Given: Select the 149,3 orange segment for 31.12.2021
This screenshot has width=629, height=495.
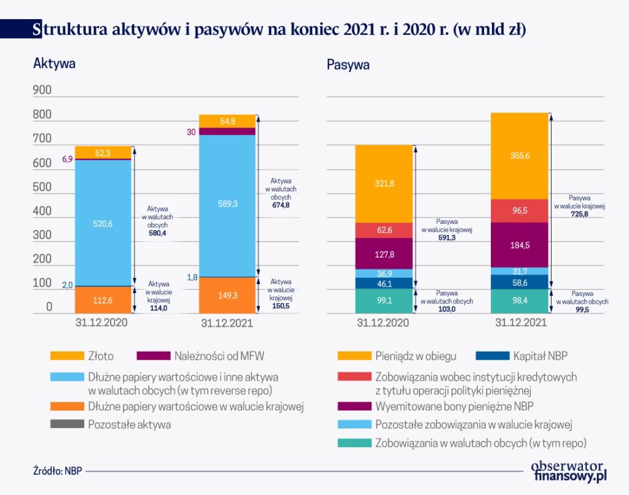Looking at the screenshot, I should pos(227,296).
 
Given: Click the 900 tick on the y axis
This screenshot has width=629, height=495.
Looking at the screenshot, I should pos(42,90).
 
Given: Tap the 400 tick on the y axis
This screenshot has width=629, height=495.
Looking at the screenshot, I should pos(42,212).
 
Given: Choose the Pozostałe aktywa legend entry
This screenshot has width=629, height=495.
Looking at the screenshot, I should pos(130,424).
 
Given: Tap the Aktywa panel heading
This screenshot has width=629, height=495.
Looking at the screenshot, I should pos(54,63).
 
